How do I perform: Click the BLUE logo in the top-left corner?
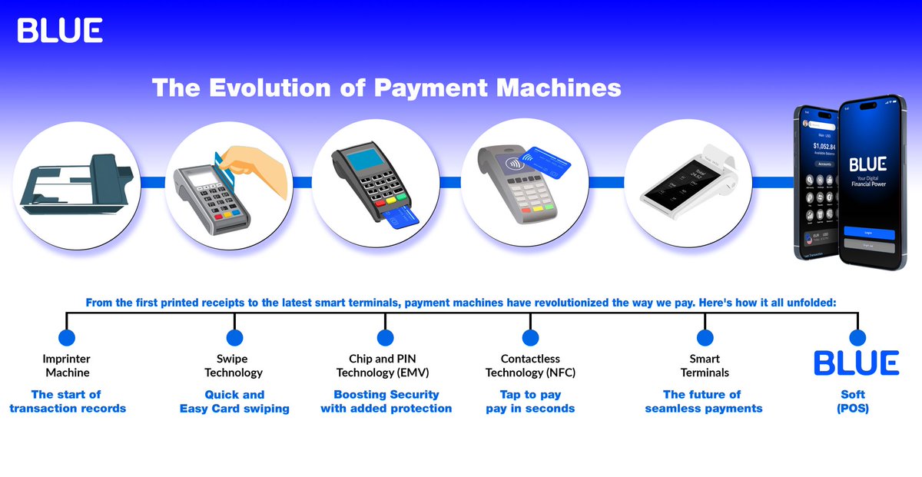click(x=60, y=30)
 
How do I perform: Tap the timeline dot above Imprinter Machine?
click(x=67, y=337)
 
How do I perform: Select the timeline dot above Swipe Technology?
click(x=234, y=337)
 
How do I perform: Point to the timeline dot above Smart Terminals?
click(x=705, y=337)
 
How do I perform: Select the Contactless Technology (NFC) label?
click(x=530, y=366)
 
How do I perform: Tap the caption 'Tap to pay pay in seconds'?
click(x=530, y=401)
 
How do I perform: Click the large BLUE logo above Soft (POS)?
click(x=857, y=363)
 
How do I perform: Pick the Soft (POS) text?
click(x=853, y=401)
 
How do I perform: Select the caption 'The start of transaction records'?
click(x=67, y=401)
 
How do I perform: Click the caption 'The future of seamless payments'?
click(x=703, y=401)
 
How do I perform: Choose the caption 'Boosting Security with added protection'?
click(x=386, y=401)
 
